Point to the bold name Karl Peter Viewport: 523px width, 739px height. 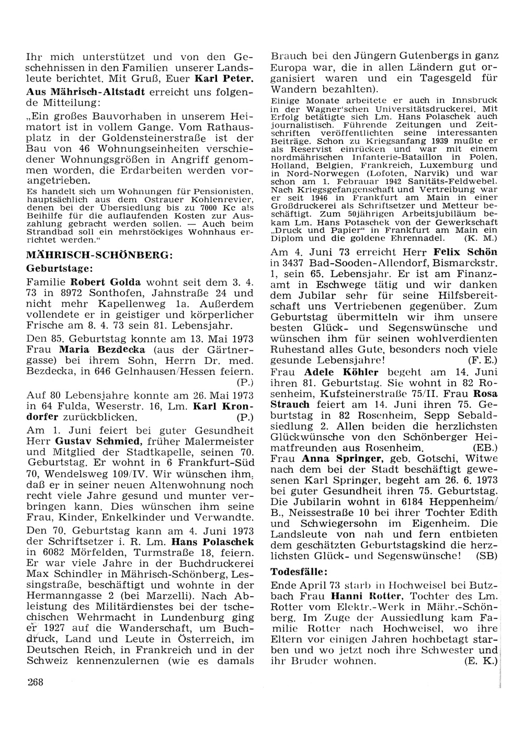[x=224, y=80]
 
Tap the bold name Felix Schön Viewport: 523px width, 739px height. [x=465, y=251]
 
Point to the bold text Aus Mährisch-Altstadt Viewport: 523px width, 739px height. [x=85, y=92]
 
